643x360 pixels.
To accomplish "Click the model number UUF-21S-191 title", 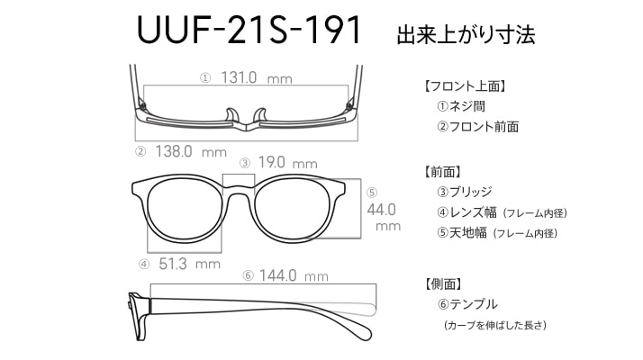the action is pyautogui.click(x=249, y=30).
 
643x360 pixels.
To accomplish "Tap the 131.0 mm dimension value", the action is pyautogui.click(x=257, y=77).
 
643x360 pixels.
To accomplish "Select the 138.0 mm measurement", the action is pyautogui.click(x=191, y=152).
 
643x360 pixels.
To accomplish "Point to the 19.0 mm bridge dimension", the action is pyautogui.click(x=288, y=163).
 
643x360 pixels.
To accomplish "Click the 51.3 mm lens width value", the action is pyautogui.click(x=189, y=264).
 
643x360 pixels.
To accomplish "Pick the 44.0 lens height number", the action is pyautogui.click(x=381, y=210).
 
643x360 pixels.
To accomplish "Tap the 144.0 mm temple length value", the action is pyautogui.click(x=294, y=275).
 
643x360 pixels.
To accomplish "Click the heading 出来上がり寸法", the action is pyautogui.click(x=466, y=34).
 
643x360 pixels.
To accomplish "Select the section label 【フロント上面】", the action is pyautogui.click(x=464, y=86).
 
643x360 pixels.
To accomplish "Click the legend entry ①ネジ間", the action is pyautogui.click(x=461, y=106).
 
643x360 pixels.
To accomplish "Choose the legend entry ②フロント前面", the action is pyautogui.click(x=477, y=127).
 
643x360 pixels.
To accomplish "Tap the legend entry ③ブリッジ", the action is pyautogui.click(x=465, y=192).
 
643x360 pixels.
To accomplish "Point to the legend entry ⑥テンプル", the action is pyautogui.click(x=467, y=304).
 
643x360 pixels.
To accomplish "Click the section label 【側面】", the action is pyautogui.click(x=443, y=283).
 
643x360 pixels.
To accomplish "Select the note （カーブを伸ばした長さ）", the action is pyautogui.click(x=495, y=325).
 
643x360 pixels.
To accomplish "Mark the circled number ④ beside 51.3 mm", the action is pyautogui.click(x=144, y=265).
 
